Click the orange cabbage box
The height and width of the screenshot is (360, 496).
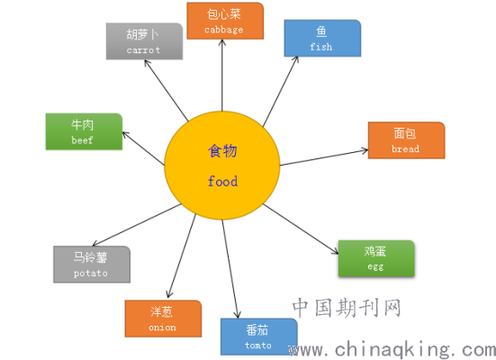click(x=225, y=21)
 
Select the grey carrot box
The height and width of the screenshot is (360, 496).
click(x=144, y=41)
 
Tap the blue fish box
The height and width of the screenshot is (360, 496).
click(x=322, y=39)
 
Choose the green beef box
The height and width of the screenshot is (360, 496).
click(x=84, y=131)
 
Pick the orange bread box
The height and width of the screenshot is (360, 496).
click(x=407, y=140)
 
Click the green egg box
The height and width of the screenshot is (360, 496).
click(x=376, y=258)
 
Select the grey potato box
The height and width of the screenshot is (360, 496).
click(x=92, y=265)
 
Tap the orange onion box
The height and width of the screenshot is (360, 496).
click(x=163, y=319)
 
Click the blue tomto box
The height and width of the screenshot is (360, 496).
click(x=258, y=337)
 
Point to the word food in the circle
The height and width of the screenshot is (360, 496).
click(x=222, y=181)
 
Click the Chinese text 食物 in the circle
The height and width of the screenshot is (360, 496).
click(x=222, y=150)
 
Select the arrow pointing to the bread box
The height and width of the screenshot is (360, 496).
click(x=324, y=157)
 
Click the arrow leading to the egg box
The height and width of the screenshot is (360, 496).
click(x=301, y=229)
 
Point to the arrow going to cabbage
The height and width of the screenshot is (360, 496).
click(x=222, y=76)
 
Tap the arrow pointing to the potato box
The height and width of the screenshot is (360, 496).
click(x=136, y=225)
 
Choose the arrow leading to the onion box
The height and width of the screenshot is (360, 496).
click(x=182, y=256)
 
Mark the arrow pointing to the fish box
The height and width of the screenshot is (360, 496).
click(x=281, y=92)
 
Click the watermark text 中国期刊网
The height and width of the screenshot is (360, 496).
click(x=347, y=308)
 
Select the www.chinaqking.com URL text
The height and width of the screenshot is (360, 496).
click(x=392, y=350)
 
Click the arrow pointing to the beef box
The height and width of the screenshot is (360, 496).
click(x=143, y=148)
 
